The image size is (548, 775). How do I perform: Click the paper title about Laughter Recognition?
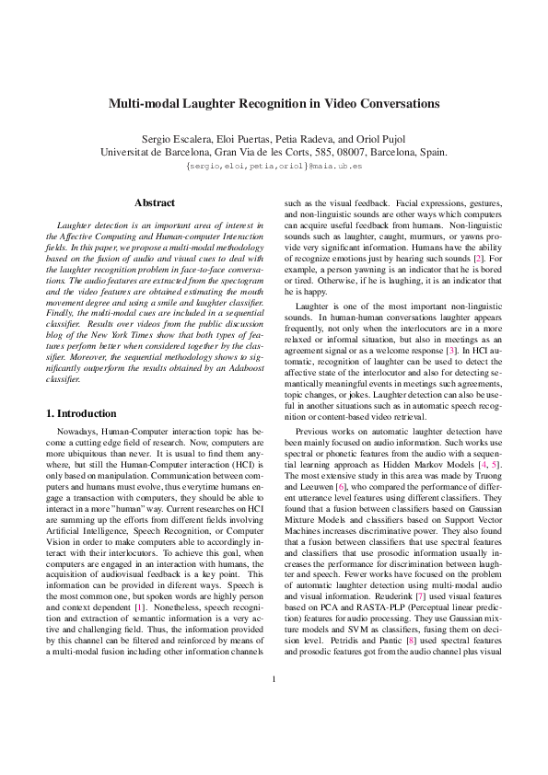tap(274, 104)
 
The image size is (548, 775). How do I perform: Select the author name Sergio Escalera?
tap(170, 136)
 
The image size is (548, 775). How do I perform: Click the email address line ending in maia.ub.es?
tap(274, 167)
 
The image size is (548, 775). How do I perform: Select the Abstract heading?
tap(155, 202)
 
